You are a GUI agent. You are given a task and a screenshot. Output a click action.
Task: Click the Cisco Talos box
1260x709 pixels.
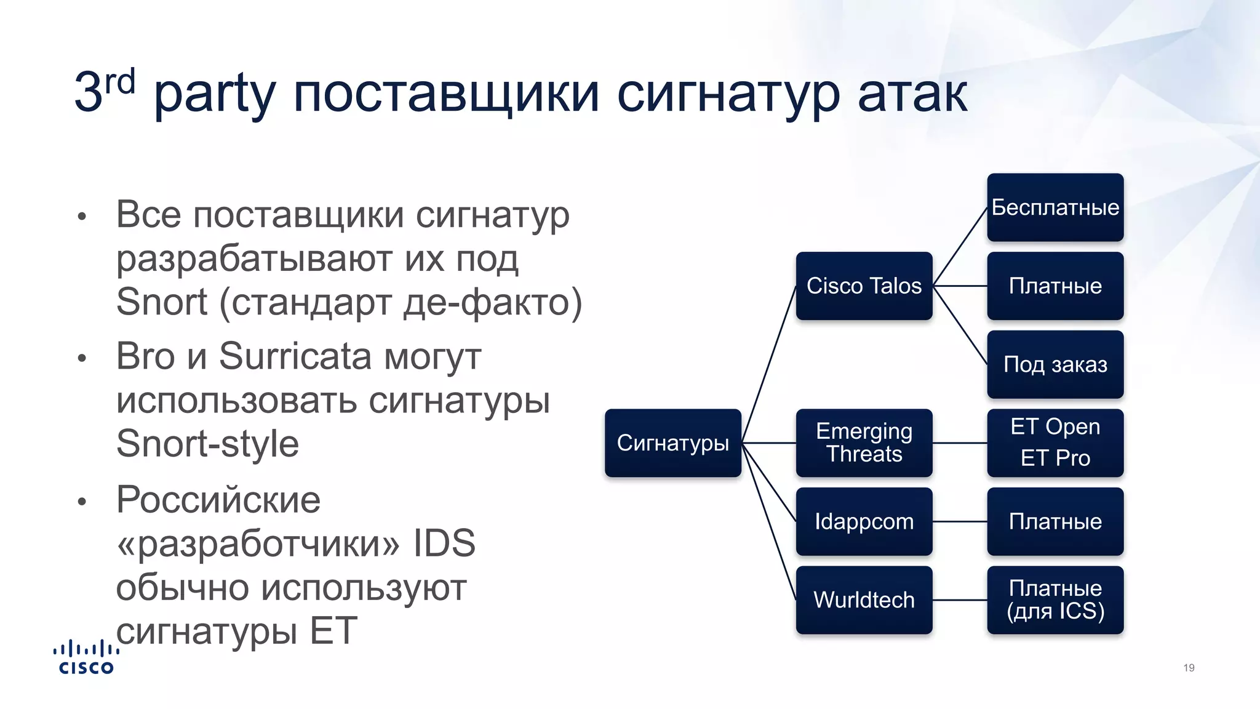pos(864,286)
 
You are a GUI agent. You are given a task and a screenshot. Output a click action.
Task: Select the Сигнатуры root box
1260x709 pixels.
pos(672,443)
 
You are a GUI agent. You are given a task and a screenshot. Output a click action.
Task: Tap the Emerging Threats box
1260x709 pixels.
pos(864,443)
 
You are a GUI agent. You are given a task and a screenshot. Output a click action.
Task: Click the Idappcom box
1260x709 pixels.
pos(864,521)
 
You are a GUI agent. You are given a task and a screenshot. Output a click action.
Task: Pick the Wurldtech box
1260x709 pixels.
pos(864,599)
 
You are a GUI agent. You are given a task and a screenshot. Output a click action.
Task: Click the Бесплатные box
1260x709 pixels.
pos(1055,207)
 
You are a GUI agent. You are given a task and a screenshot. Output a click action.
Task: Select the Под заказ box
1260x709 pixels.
pos(1055,364)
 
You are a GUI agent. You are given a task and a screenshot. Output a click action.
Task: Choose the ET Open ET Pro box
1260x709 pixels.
pos(1055,443)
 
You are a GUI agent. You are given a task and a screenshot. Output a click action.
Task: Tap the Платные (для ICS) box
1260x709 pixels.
pos(1055,599)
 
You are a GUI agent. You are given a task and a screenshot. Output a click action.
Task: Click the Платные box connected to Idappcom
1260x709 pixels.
pos(1055,521)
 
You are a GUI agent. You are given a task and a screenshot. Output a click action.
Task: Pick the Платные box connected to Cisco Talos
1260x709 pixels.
pos(1055,286)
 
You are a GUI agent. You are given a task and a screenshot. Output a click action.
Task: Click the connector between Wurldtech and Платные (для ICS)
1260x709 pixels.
pos(960,600)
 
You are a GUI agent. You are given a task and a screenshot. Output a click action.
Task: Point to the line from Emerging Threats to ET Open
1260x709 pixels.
pos(960,443)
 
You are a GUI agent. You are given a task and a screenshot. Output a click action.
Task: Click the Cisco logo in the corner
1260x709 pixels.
pos(86,657)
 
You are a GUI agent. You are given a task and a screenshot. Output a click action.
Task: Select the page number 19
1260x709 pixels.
pos(1189,668)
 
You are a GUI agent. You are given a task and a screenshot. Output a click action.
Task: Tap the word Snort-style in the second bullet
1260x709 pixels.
pos(207,444)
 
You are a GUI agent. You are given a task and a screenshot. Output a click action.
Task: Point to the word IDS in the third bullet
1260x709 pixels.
pos(444,543)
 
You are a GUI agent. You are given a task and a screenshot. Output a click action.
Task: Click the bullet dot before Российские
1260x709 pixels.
pos(82,502)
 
